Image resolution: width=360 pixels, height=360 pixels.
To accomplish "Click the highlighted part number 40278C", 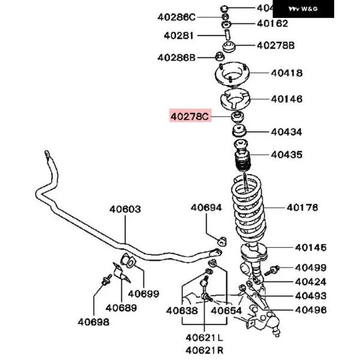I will click(x=190, y=116).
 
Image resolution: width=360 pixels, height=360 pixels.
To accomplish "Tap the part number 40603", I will click(x=125, y=209).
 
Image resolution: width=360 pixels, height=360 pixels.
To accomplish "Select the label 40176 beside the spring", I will click(x=302, y=208).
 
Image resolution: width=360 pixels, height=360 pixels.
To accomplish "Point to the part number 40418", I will click(x=286, y=73).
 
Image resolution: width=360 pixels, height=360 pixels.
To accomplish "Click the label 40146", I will click(x=286, y=99).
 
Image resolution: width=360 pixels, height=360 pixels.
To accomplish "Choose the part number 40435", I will click(x=286, y=154).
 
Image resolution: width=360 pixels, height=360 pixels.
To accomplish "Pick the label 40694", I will click(x=206, y=208).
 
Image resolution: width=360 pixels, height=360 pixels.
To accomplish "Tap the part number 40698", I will click(x=93, y=321).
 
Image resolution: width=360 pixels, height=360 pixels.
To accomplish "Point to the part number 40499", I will click(x=310, y=268).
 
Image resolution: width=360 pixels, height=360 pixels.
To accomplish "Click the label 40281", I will click(x=179, y=36).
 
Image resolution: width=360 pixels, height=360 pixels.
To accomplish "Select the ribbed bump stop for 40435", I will click(x=242, y=163).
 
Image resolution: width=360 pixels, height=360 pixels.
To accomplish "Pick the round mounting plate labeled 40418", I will click(x=232, y=75).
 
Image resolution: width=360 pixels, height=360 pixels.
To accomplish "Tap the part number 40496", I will click(x=310, y=310).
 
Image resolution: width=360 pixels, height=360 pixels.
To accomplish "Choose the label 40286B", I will click(x=176, y=58).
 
